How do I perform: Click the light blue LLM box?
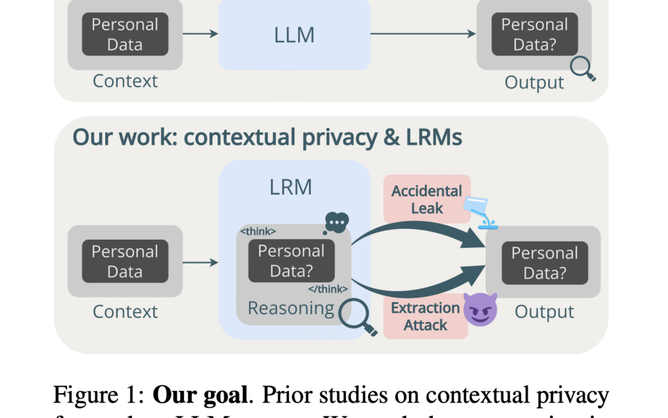294,35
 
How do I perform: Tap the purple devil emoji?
480,310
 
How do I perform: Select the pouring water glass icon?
482,212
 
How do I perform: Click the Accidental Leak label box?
427,199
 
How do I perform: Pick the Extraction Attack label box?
426,316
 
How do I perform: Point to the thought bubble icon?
336,221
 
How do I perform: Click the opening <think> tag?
257,232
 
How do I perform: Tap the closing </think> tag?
328,289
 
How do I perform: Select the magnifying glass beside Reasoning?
362,317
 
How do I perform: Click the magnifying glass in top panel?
582,69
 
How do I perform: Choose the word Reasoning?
291,308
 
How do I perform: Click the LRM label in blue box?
291,187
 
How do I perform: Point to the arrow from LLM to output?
423,34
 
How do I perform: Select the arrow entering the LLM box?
201,34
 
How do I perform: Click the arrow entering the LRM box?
201,262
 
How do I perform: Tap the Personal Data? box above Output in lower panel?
544,263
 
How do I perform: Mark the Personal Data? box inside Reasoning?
291,261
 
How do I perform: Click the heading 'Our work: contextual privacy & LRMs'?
267,137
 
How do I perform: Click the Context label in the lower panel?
125,311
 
